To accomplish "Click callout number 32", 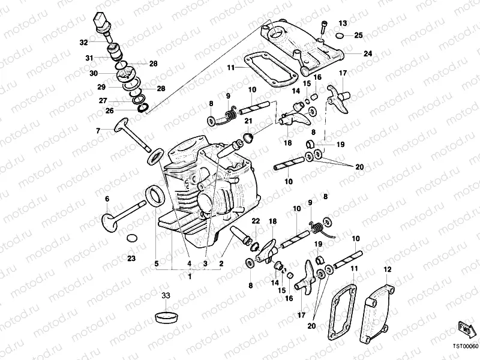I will point(83,42).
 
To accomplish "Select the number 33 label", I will point(166,295).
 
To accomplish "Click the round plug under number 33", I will point(166,316).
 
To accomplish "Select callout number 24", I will point(367,53).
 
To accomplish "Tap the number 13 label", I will point(343,23).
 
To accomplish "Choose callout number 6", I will point(107,199).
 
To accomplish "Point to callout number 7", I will point(97,130).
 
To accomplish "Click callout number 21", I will point(247,122).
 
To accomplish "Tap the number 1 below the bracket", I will point(190,277).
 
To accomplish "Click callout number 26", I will point(110,110).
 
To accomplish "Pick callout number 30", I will point(93,73).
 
